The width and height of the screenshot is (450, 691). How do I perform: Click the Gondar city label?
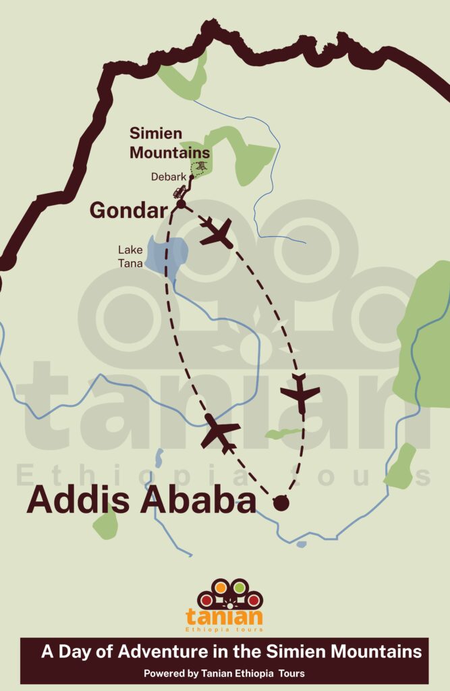(x=128, y=211)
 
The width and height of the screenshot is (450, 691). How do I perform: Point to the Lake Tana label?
(x=131, y=257)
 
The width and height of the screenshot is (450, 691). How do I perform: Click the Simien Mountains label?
(x=169, y=143)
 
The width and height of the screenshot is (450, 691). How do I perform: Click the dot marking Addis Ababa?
(x=280, y=502)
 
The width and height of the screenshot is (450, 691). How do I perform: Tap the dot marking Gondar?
(x=181, y=204)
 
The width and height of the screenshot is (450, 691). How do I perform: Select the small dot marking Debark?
(x=192, y=177)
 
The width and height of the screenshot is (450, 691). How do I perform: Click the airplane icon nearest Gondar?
(x=217, y=232)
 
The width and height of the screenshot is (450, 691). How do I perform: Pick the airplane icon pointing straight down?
(x=300, y=393)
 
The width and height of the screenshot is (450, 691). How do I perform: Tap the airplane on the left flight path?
(x=220, y=431)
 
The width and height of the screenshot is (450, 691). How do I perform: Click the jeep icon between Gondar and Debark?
(x=180, y=192)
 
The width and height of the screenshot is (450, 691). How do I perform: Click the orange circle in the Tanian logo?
(x=221, y=588)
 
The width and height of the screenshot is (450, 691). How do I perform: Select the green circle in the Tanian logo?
(x=239, y=588)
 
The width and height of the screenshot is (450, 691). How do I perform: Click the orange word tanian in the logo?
(x=224, y=616)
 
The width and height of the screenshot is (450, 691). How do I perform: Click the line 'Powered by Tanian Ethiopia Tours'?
(x=224, y=673)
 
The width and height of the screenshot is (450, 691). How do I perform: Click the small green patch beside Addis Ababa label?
(x=105, y=522)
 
